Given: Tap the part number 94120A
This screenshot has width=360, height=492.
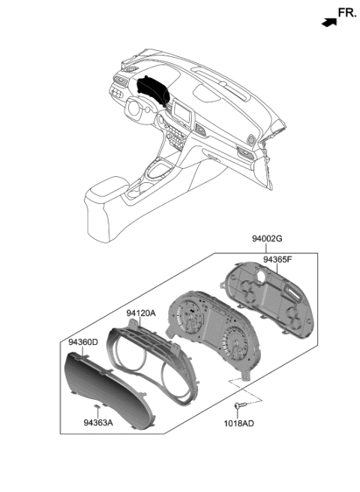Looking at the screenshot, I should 141,313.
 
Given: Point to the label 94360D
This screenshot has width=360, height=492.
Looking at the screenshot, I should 82,342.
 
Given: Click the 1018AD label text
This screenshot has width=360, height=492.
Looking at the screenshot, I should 238,424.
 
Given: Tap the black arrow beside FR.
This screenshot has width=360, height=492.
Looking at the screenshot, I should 328,22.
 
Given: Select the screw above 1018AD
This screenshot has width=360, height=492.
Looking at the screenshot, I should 238,406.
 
